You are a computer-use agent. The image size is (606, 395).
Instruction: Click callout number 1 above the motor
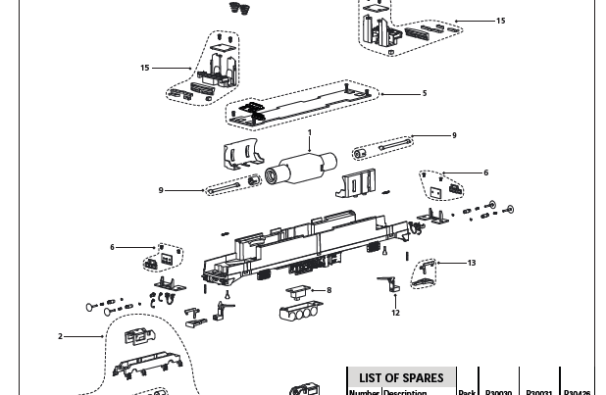coord(310,132)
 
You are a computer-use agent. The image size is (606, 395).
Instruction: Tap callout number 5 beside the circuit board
coord(425,94)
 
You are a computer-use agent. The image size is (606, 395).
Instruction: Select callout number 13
coord(472,263)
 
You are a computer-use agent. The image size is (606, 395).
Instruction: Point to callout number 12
coord(396,314)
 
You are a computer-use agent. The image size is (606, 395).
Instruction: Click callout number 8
coord(329,290)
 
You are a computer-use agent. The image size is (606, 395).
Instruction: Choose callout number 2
coord(60,336)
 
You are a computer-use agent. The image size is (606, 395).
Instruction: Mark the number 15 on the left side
coord(145,68)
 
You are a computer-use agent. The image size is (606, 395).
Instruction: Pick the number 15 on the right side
coord(501,21)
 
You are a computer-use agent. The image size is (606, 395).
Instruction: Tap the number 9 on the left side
coord(161,190)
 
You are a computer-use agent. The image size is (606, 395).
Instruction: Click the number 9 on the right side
coord(454,136)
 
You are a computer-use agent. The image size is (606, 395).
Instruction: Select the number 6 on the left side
coord(112,248)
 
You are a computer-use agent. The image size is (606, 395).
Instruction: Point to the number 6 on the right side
coord(485,173)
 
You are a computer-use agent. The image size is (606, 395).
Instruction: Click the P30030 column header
coord(498,392)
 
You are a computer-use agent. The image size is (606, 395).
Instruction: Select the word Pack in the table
coord(467,392)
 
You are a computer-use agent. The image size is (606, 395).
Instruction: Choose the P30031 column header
coord(539,392)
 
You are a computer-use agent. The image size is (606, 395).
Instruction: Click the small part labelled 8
coord(298,291)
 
